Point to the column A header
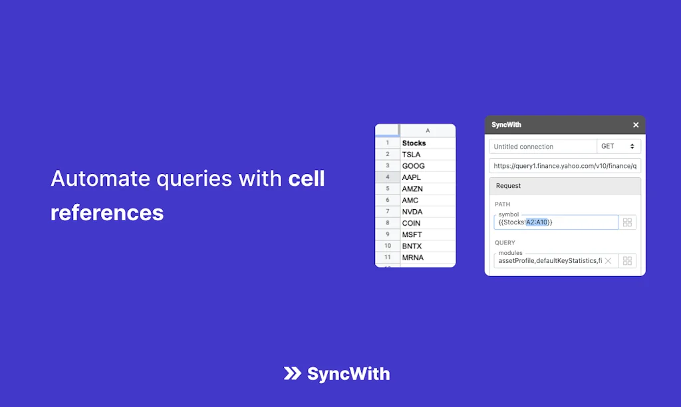tap(427, 131)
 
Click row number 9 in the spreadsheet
tap(387, 234)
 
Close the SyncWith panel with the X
tap(636, 125)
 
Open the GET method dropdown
tap(618, 147)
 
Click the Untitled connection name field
tap(543, 147)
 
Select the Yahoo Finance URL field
tap(565, 166)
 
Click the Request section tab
tap(509, 186)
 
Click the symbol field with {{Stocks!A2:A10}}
tap(556, 222)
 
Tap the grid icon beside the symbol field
tap(627, 222)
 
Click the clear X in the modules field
tap(608, 261)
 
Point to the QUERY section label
tap(505, 243)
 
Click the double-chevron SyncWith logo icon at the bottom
tap(292, 374)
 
